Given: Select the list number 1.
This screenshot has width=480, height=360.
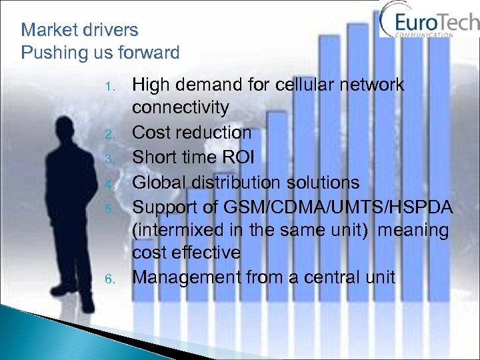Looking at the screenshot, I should tap(112, 86).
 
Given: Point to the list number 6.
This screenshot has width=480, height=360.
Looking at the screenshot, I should tap(111, 279).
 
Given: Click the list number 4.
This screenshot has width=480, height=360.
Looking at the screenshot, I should tap(111, 183).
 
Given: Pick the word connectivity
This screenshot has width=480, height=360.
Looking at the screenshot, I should tap(181, 108).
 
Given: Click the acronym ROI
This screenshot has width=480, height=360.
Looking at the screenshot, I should tap(238, 157).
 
